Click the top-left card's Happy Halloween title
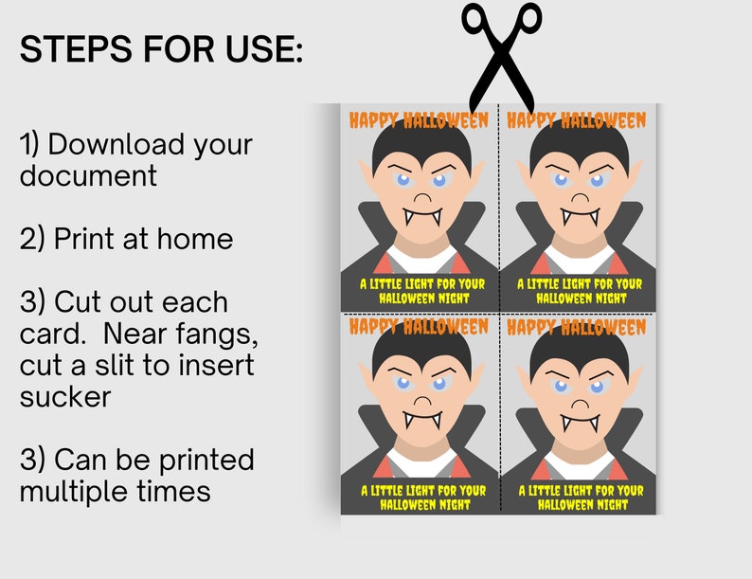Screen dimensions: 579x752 coord(419,120)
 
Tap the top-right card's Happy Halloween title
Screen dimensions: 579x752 coord(576,120)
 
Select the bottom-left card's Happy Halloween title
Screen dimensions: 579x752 coord(419,327)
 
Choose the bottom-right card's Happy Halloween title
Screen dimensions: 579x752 coord(576,327)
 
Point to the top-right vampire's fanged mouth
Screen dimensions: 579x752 coord(578,214)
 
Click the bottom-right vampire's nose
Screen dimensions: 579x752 coord(578,402)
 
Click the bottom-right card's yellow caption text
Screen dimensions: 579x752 coord(580,498)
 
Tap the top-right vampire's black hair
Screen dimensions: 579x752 coord(578,147)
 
